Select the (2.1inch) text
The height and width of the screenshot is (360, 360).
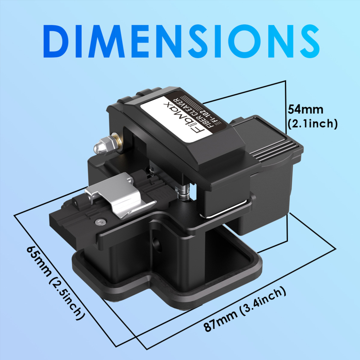tap(312, 124)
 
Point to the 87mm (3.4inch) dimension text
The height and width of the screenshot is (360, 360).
tap(245, 310)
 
